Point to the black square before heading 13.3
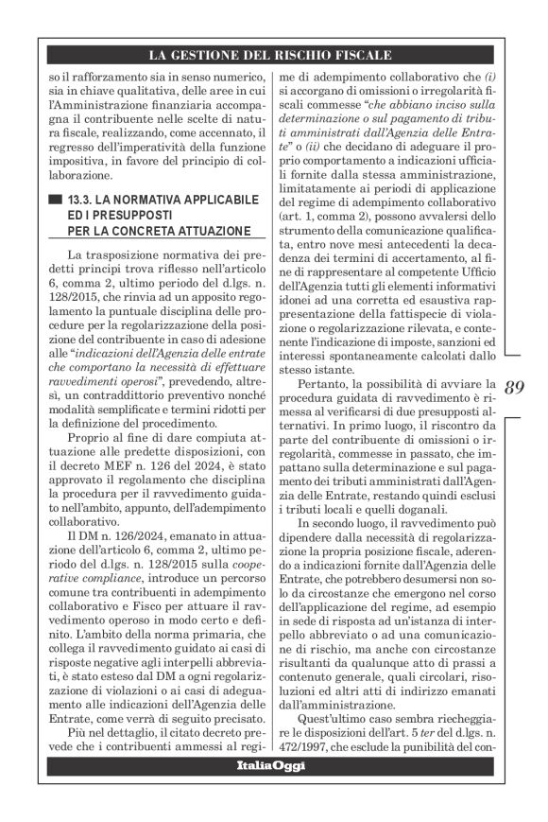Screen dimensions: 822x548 coord(56,200)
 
